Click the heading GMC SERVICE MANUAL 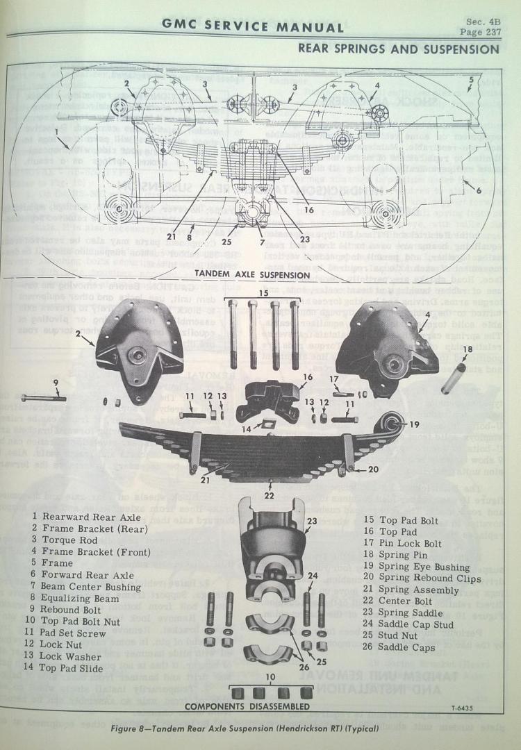tap(253, 27)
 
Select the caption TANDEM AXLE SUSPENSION tap(252, 274)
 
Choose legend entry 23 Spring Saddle tap(402, 612)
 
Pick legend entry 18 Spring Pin tap(393, 555)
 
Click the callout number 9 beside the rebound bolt tap(56, 381)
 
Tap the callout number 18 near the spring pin tap(467, 349)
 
